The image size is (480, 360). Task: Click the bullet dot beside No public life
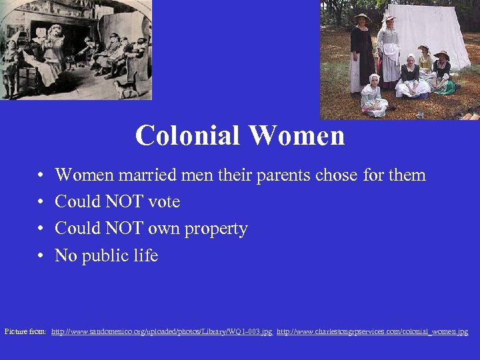coord(41,256)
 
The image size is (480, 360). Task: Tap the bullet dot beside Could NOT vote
coord(41,202)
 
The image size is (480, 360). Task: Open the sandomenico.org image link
coord(162,331)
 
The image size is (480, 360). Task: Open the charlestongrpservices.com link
coord(372,331)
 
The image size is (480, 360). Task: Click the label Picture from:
coord(25,331)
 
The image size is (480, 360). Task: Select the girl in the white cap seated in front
coord(373,97)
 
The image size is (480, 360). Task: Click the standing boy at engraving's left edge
coord(9,67)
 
